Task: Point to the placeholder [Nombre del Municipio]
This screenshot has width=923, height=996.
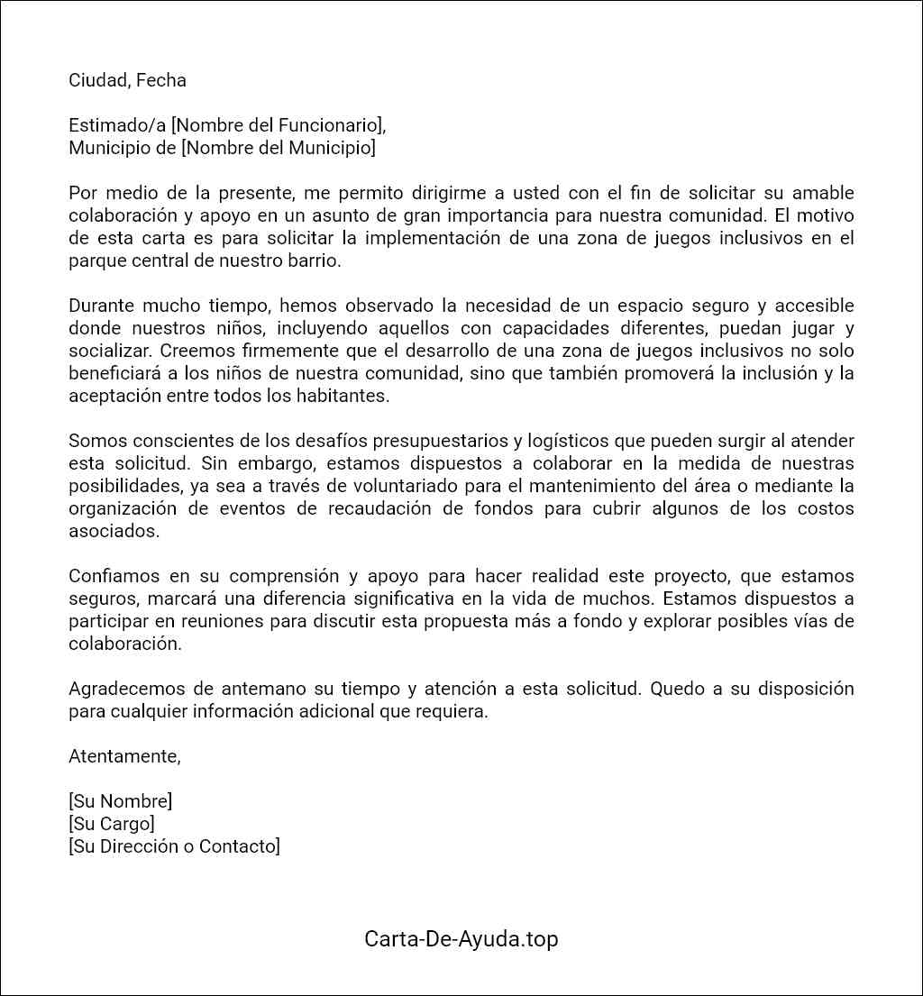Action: [x=279, y=148]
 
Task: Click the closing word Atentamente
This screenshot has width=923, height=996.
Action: [x=124, y=757]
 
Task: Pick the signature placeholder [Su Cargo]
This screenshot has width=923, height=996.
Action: [x=112, y=824]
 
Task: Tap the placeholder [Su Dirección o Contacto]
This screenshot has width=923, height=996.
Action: [x=174, y=846]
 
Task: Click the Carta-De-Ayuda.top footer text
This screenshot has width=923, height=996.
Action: [x=461, y=939]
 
